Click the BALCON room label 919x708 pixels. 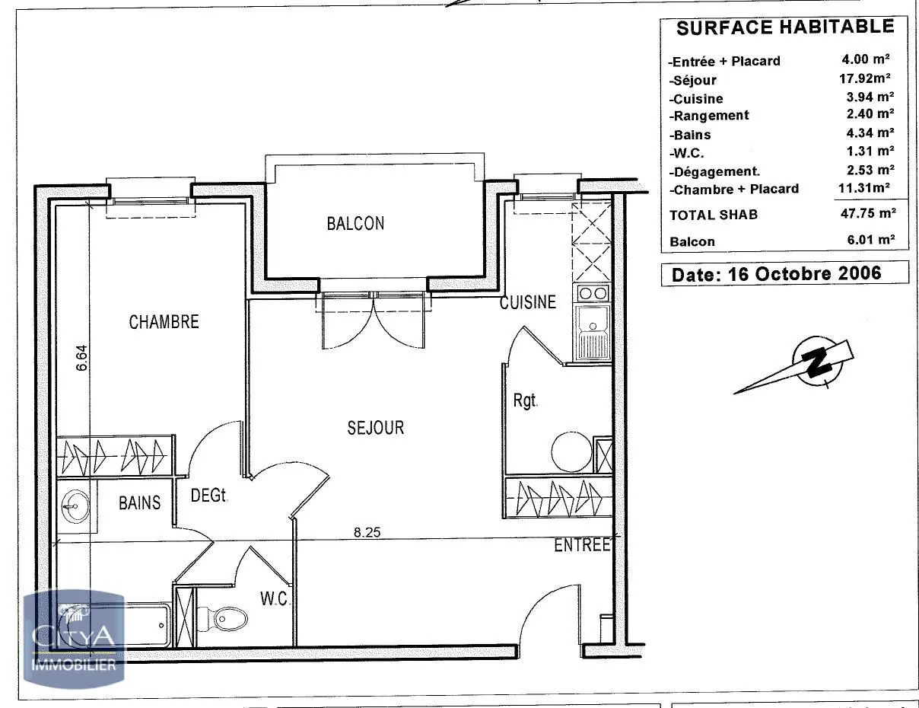pyautogui.click(x=355, y=224)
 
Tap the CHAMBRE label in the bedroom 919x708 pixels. pyautogui.click(x=164, y=322)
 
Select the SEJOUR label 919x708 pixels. pyautogui.click(x=376, y=428)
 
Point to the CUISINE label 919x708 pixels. pyautogui.click(x=528, y=302)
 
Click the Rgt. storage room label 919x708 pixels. pyautogui.click(x=525, y=400)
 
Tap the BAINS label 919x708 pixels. pyautogui.click(x=139, y=502)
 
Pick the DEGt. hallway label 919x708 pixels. pyautogui.click(x=209, y=495)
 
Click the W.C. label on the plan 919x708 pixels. pyautogui.click(x=275, y=599)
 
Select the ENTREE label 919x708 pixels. pyautogui.click(x=582, y=545)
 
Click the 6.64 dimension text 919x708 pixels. pyautogui.click(x=81, y=358)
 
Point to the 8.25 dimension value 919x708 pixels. pyautogui.click(x=367, y=532)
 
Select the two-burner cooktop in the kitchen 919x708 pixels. pyautogui.click(x=592, y=293)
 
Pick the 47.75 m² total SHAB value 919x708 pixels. pyautogui.click(x=868, y=213)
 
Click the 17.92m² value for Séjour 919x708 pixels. pyautogui.click(x=865, y=78)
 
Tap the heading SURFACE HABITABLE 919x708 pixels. pyautogui.click(x=785, y=27)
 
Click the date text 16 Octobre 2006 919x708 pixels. pyautogui.click(x=805, y=274)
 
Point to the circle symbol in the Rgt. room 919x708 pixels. pyautogui.click(x=572, y=451)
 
